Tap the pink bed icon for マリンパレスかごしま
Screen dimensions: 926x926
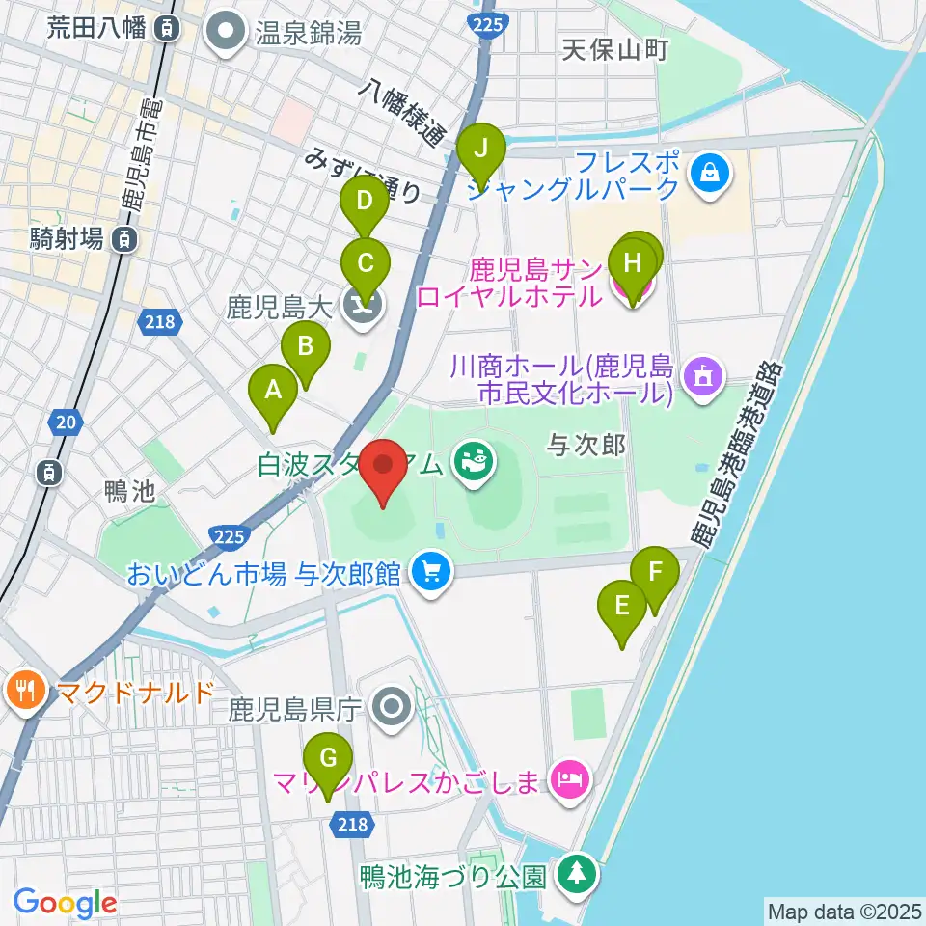coord(569,778)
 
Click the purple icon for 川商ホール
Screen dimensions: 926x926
coord(704,377)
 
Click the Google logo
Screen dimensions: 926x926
coord(65,903)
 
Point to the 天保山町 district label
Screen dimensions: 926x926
coord(615,50)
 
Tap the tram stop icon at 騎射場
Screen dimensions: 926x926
coord(124,238)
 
